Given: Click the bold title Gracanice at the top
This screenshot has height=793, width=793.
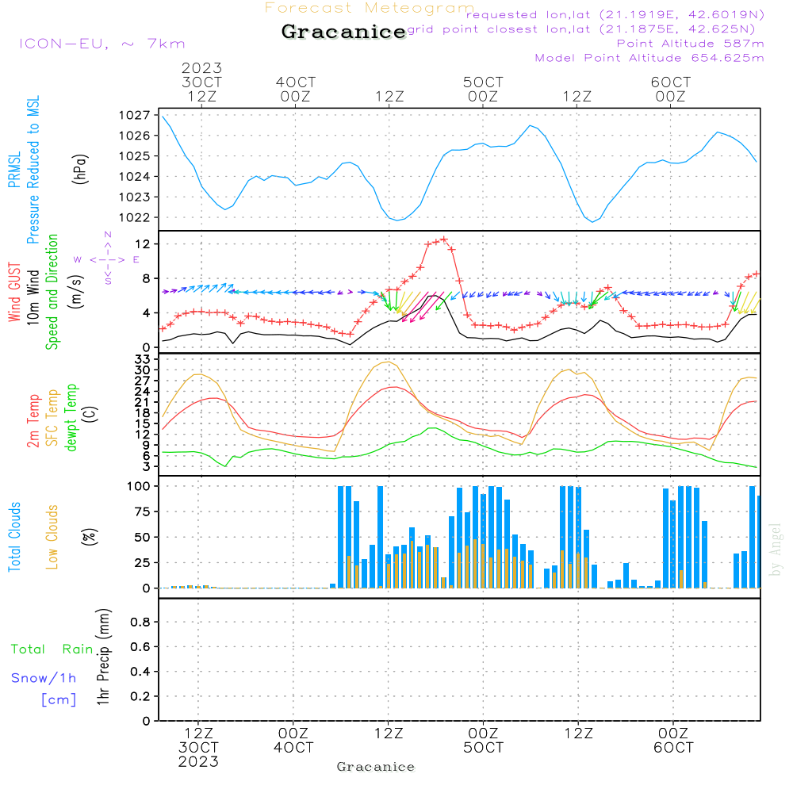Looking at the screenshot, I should coord(343,32).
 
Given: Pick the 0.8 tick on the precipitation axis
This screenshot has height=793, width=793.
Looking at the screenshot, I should coord(140,623).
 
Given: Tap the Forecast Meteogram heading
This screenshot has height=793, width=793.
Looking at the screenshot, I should coord(370,8).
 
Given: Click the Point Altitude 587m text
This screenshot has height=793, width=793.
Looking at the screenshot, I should coord(690,44).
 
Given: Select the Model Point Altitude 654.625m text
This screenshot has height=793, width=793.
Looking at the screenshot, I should coord(649,58).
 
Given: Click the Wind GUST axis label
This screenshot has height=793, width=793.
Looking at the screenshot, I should coord(14,294).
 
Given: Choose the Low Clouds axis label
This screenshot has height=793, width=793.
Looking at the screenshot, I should coord(52,535).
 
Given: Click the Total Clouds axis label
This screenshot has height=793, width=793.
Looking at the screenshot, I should coord(14,536).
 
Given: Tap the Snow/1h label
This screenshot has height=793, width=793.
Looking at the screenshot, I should coord(44,678).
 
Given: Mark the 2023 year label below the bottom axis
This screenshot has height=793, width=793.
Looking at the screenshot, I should coord(198,762).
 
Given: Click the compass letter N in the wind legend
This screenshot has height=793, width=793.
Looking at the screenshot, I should coord(107,235).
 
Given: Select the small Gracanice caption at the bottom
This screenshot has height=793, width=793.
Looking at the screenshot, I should coord(375,767).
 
